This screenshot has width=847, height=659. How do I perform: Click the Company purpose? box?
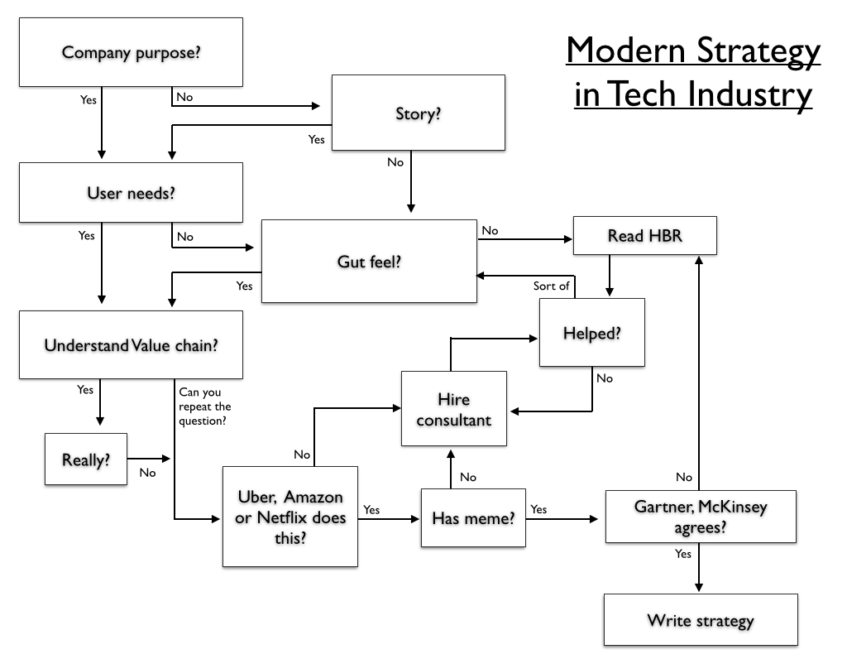(x=131, y=53)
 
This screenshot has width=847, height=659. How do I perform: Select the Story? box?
(x=418, y=113)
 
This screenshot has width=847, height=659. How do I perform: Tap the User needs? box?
(x=131, y=192)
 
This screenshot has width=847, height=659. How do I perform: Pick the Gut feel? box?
(x=369, y=261)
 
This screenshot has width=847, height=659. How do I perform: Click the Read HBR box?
(x=645, y=235)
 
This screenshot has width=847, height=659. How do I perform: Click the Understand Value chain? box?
(x=131, y=344)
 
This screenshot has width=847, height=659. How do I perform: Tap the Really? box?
(x=86, y=459)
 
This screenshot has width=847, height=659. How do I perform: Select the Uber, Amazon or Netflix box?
(x=290, y=517)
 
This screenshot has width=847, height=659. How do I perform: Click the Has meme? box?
(x=473, y=518)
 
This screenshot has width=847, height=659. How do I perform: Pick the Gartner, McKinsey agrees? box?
(x=700, y=517)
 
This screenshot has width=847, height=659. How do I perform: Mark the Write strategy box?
(x=700, y=619)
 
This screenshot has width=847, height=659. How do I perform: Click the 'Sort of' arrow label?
(x=551, y=286)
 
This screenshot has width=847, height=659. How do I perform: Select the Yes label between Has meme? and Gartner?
(x=538, y=509)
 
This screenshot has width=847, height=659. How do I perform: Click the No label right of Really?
(x=147, y=473)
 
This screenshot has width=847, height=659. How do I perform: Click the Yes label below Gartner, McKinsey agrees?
(x=683, y=553)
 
